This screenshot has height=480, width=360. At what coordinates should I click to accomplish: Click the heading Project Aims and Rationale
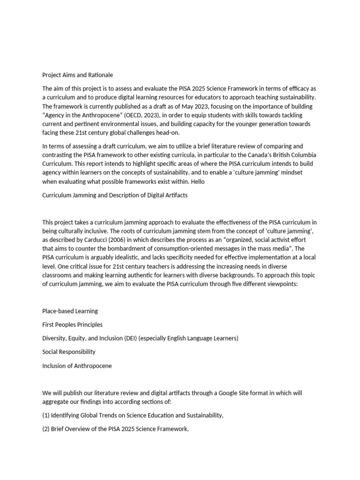pyautogui.click(x=77, y=75)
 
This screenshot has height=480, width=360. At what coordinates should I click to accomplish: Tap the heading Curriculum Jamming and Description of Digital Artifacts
pyautogui.click(x=115, y=195)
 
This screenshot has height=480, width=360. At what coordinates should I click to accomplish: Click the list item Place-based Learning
pyautogui.click(x=70, y=311)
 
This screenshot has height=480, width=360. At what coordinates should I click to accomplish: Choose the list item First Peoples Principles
pyautogui.click(x=72, y=324)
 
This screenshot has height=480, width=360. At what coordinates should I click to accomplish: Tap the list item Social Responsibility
pyautogui.click(x=69, y=352)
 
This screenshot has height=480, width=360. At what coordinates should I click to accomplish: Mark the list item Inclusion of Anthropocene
pyautogui.click(x=77, y=366)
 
